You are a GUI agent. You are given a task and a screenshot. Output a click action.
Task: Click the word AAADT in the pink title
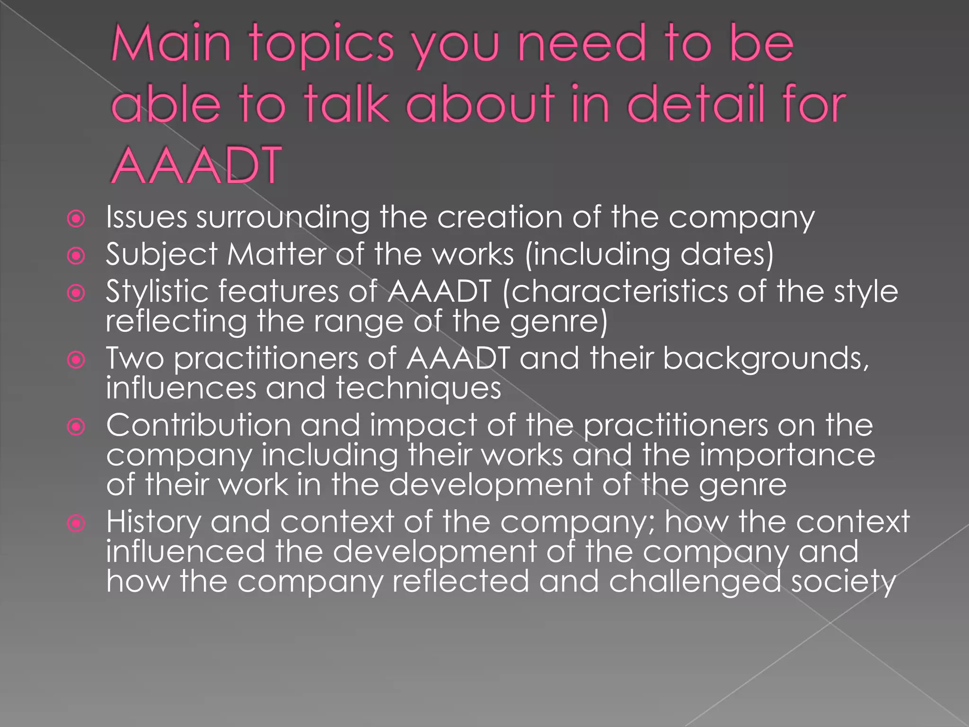pos(196,165)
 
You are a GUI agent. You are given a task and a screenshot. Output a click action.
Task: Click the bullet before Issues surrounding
pos(76,219)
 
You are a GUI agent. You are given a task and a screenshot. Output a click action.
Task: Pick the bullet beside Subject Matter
pos(76,256)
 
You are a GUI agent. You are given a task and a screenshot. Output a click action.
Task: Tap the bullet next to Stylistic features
pos(76,293)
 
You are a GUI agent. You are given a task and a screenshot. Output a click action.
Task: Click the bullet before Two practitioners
pos(76,360)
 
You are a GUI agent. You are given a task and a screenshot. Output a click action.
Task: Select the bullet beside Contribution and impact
pos(76,427)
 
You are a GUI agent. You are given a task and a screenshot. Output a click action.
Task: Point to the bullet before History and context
pos(76,523)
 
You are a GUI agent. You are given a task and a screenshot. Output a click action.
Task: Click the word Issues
pos(146,217)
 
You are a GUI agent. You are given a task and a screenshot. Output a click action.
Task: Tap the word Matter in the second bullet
pos(277,254)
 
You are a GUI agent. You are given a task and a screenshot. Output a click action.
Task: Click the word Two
pos(135,358)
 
